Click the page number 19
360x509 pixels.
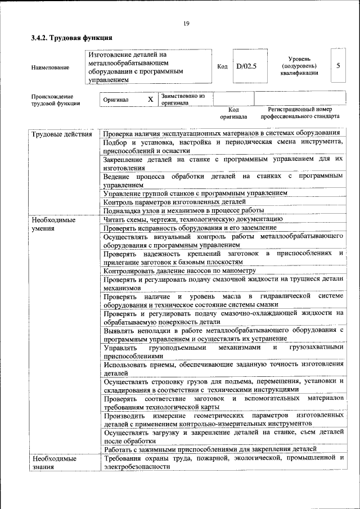[186, 23]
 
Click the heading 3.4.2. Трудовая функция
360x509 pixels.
[71, 38]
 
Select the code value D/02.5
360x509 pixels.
[246, 66]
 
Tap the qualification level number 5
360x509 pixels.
[337, 66]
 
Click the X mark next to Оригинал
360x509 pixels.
[150, 100]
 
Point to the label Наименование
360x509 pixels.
[51, 67]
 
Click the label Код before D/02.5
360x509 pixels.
[222, 66]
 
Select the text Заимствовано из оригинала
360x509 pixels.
[183, 100]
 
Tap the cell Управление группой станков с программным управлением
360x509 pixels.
[195, 193]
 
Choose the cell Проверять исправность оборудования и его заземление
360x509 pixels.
[190, 228]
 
